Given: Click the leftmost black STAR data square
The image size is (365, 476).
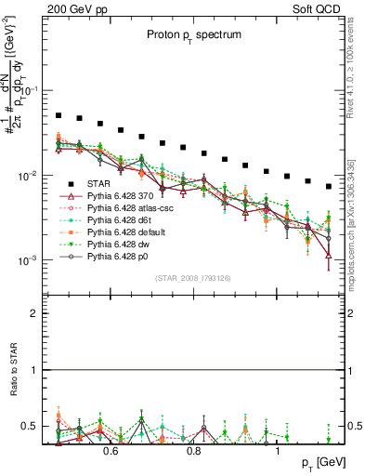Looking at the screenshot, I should click(x=59, y=116).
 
